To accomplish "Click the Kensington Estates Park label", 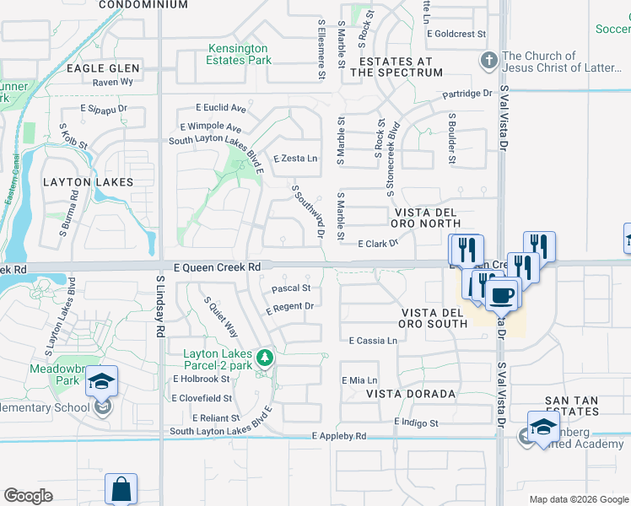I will (240, 54).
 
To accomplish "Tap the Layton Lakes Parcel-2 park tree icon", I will (265, 358).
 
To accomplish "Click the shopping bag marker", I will (121, 489).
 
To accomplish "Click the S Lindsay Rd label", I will (159, 306).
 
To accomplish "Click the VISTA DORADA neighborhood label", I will (411, 394).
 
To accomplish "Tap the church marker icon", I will (488, 60).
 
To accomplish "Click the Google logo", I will (28, 496).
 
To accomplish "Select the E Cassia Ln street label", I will (373, 341).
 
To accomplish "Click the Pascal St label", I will (292, 288).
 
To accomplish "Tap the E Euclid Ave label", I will (220, 108).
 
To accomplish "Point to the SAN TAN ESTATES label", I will (571, 406).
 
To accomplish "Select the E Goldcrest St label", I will (456, 35).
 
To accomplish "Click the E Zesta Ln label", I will (295, 159).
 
